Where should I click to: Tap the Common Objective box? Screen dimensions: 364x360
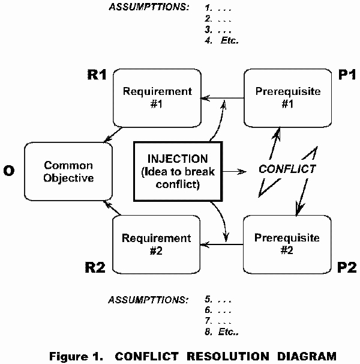pos(68,171)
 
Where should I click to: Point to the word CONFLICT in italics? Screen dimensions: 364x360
pos(287,169)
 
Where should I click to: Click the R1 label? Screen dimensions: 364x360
pos(97,76)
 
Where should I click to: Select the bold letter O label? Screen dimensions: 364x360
pos(9,171)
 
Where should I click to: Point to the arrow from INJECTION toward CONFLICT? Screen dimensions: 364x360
pos(238,171)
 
